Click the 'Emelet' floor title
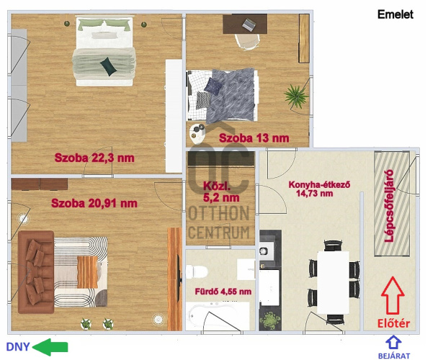tap(395, 14)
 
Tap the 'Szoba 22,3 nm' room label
tap(94, 158)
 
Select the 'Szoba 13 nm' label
tap(254, 138)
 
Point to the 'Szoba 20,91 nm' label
tap(94, 203)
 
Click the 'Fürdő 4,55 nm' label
tap(223, 292)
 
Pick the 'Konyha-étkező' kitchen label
tap(319, 184)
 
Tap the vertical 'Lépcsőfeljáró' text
tap(389, 206)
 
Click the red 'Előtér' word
tap(393, 323)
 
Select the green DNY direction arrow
tap(50, 347)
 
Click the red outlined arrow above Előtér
tap(393, 295)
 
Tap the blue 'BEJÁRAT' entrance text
tap(394, 356)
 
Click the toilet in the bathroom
tap(197, 271)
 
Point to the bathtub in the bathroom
tap(218, 315)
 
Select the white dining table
tap(334, 282)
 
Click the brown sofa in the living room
tap(36, 271)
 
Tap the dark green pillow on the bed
tap(108, 66)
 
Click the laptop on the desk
tap(249, 24)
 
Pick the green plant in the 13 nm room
tap(296, 96)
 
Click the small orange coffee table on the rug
tap(87, 272)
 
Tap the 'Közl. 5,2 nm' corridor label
tap(221, 192)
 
